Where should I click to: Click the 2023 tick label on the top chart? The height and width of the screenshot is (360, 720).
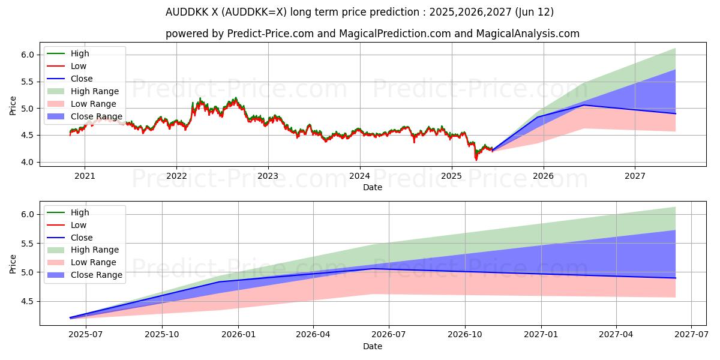(268, 176)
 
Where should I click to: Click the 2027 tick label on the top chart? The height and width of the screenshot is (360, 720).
(635, 176)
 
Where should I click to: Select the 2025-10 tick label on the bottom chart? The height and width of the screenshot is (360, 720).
(163, 335)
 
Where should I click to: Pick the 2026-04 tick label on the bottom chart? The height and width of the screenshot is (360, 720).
(314, 335)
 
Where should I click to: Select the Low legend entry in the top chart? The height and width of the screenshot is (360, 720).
(79, 66)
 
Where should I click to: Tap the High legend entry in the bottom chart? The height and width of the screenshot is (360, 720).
(80, 212)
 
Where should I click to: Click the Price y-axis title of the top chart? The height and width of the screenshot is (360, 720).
(13, 106)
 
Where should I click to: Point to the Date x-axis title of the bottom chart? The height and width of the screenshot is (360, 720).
(373, 346)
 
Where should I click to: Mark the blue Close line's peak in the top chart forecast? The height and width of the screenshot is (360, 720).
(584, 105)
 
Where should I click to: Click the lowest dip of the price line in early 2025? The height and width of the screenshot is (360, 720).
(476, 160)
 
